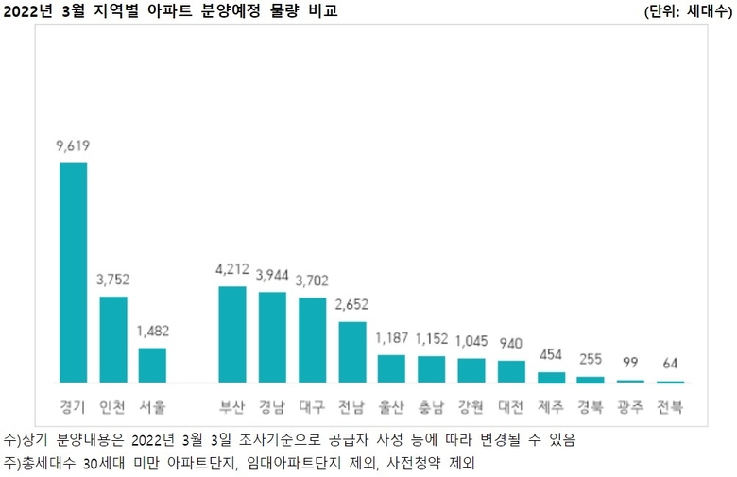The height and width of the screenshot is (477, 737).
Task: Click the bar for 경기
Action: (x=73, y=273)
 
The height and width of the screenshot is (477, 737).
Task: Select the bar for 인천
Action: (x=113, y=340)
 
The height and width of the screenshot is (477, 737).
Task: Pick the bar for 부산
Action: (x=232, y=334)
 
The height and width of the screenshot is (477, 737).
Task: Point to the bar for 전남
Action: (x=351, y=352)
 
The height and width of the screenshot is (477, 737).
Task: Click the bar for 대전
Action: (x=511, y=372)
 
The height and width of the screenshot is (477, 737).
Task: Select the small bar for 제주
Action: (x=551, y=378)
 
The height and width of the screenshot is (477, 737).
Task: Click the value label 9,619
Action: (x=73, y=145)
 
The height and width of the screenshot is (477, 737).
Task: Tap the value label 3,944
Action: (x=272, y=275)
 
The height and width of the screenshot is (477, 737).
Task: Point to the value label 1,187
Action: (x=391, y=338)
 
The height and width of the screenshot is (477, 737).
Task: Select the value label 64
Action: (x=670, y=364)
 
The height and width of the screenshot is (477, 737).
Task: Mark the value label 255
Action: (x=591, y=360)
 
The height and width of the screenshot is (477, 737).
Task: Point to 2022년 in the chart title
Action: (x=26, y=11)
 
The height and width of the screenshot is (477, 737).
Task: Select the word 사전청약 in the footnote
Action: (x=421, y=463)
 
